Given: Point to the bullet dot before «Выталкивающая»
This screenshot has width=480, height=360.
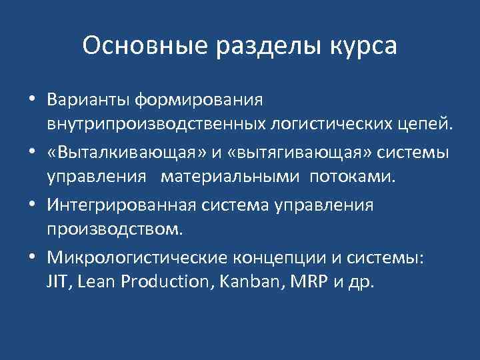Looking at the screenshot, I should (x=32, y=154).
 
